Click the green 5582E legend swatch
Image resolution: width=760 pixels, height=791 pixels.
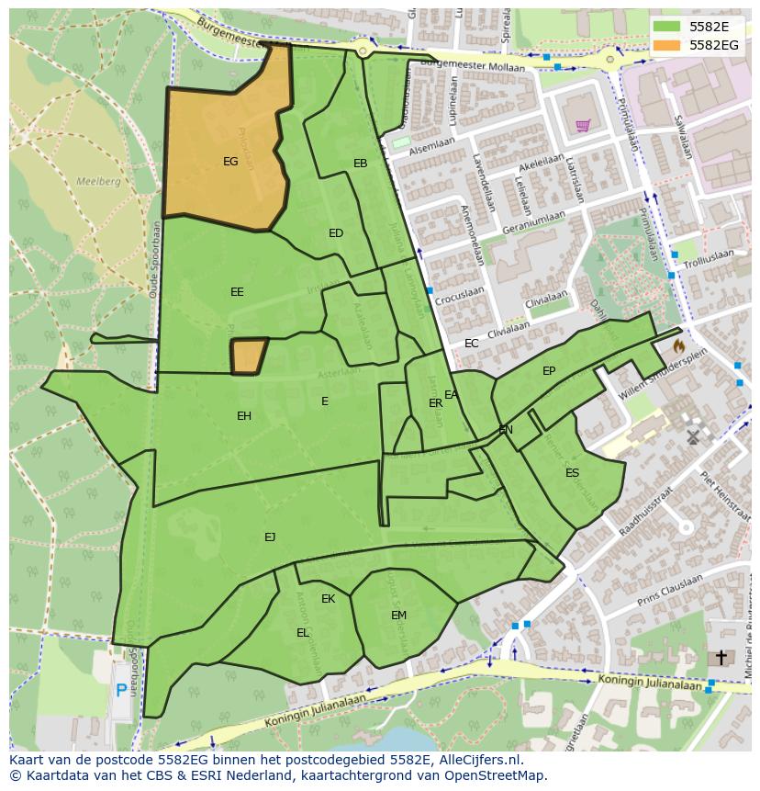point(667,27)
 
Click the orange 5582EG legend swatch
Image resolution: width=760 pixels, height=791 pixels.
point(667,44)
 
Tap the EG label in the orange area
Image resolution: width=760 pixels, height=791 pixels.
point(230,162)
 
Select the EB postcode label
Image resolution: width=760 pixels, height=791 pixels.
point(360,164)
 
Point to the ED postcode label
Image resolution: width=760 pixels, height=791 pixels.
point(336,233)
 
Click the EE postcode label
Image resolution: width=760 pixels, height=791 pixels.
point(237,292)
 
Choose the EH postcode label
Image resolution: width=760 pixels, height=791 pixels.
point(244,416)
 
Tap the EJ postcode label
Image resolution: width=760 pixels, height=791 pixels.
point(270,537)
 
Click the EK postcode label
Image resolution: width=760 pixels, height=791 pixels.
point(328,599)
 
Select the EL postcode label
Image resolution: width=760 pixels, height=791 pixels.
point(303,633)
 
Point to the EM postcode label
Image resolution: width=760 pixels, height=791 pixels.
point(398,616)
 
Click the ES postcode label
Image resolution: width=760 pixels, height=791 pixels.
point(572,473)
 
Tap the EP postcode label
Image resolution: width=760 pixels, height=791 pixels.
point(549,371)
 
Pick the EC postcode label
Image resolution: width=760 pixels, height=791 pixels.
point(471,344)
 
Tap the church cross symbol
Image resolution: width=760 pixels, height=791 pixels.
point(721,658)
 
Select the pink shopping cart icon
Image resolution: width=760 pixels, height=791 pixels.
point(582,126)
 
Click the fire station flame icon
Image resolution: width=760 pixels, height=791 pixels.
point(678,346)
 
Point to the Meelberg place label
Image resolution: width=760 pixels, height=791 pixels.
point(98,182)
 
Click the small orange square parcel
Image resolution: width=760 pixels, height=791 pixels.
point(248,356)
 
